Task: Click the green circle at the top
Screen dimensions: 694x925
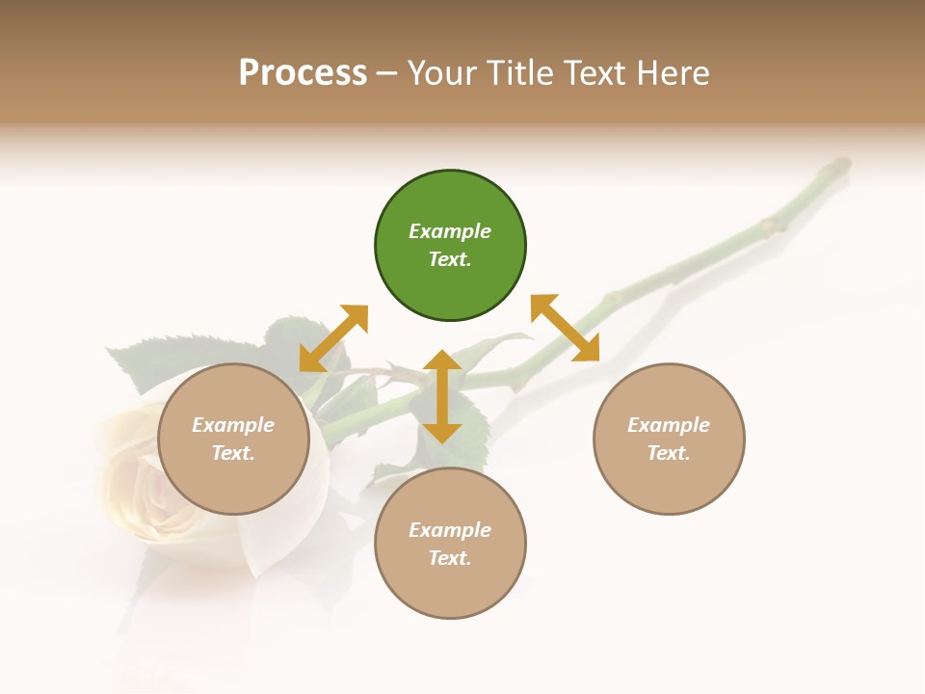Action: pyautogui.click(x=450, y=246)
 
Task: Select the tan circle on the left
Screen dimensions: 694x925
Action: pyautogui.click(x=233, y=439)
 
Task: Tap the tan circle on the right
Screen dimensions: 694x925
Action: pyautogui.click(x=669, y=439)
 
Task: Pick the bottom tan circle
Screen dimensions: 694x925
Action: pyautogui.click(x=450, y=544)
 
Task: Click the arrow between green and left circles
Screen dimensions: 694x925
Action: pyautogui.click(x=333, y=338)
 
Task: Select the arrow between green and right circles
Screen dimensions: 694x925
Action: pyautogui.click(x=566, y=328)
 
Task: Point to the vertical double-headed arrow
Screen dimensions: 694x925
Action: pyautogui.click(x=442, y=396)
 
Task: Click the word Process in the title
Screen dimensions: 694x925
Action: pyautogui.click(x=303, y=73)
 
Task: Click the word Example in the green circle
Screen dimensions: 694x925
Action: pyautogui.click(x=450, y=231)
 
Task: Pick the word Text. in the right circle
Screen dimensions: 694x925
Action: pyautogui.click(x=669, y=453)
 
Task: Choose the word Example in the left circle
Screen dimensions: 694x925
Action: pyautogui.click(x=233, y=425)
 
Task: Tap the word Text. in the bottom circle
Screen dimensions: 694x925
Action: pyautogui.click(x=450, y=558)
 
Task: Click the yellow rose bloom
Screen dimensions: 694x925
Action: pyautogui.click(x=145, y=482)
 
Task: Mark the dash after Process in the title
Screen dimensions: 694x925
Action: pyautogui.click(x=387, y=73)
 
